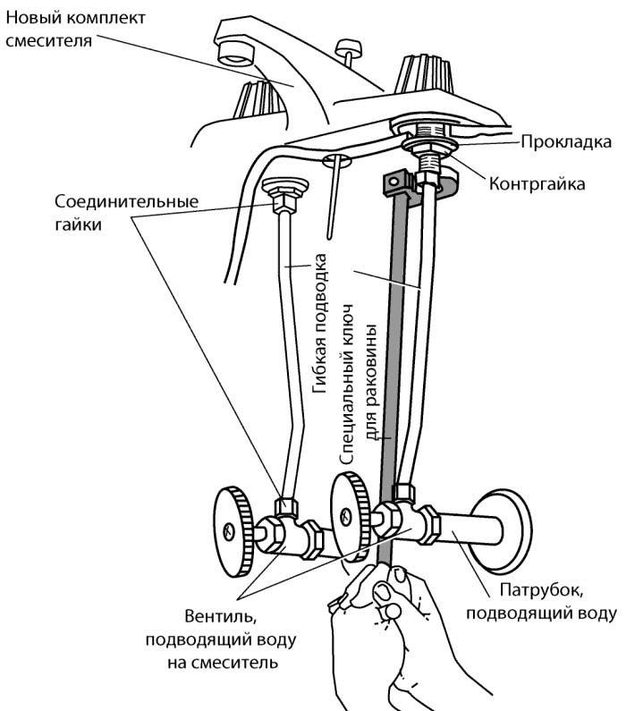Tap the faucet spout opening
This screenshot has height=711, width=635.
pyautogui.click(x=234, y=53)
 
